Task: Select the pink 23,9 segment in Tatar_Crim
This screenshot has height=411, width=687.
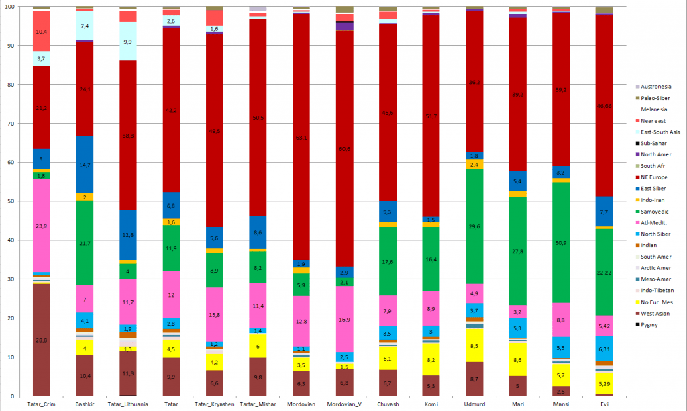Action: (42, 226)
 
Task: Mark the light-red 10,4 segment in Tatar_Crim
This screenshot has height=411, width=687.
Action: (42, 31)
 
